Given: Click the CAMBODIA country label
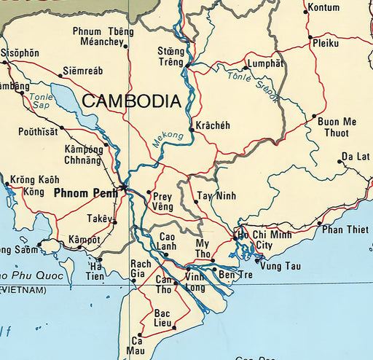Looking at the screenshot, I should coord(131,101).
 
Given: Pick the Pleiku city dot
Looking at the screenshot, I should coord(310,37).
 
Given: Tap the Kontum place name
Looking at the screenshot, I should coord(324,7).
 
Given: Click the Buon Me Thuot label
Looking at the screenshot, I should coord(337,128).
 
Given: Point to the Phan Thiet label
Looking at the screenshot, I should coord(345,230).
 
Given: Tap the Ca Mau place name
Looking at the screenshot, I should coord(137,345).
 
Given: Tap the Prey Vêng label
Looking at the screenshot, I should coord(162,201).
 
